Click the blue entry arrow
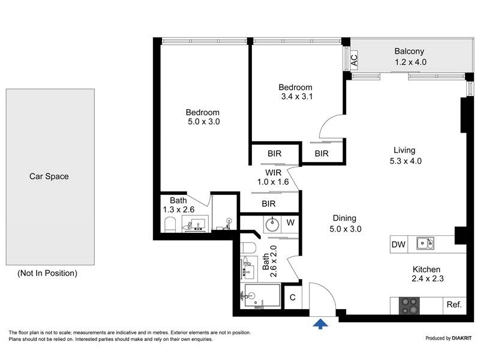pyautogui.click(x=320, y=323)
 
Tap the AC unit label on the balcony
pyautogui.click(x=354, y=61)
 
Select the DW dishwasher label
pyautogui.click(x=398, y=244)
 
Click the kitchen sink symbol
pyautogui.click(x=425, y=244)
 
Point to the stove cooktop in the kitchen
pyautogui.click(x=409, y=305)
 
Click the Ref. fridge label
pyautogui.click(x=454, y=305)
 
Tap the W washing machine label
pyautogui.click(x=290, y=223)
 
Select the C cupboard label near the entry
pyautogui.click(x=293, y=297)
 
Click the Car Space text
pyautogui.click(x=49, y=176)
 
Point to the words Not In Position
pyautogui.click(x=47, y=273)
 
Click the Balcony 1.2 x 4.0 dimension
pyautogui.click(x=410, y=62)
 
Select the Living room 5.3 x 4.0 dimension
pyautogui.click(x=406, y=161)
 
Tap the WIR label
pyautogui.click(x=273, y=173)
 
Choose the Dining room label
pyautogui.click(x=344, y=218)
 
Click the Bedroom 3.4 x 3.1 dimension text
pyautogui.click(x=297, y=97)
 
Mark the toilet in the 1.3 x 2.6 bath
pyautogui.click(x=170, y=224)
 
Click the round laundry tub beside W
pyautogui.click(x=272, y=224)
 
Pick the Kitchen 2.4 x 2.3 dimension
pyautogui.click(x=428, y=278)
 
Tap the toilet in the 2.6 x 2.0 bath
pyautogui.click(x=248, y=248)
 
